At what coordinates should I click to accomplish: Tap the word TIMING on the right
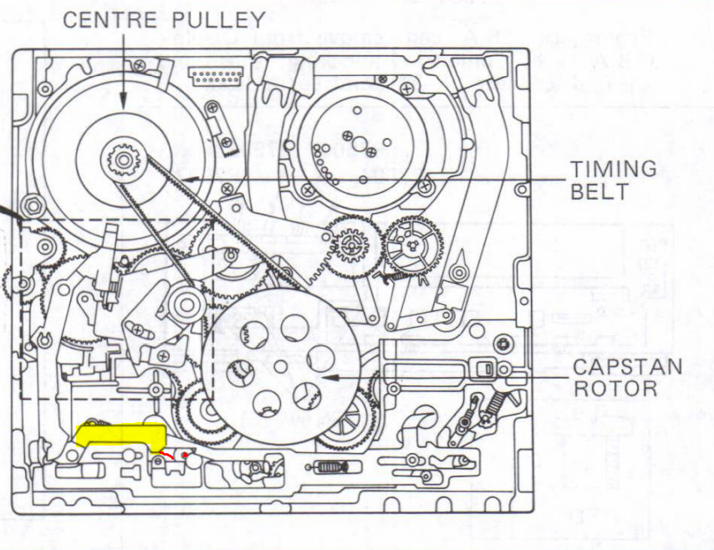point(613,169)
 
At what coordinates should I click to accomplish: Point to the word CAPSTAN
point(627,367)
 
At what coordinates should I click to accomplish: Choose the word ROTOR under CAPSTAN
point(615,389)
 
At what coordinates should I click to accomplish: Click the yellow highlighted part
point(120,434)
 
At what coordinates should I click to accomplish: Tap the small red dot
point(185,455)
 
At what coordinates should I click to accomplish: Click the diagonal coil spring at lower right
point(493,405)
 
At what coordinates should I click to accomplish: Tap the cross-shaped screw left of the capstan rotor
point(156,390)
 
